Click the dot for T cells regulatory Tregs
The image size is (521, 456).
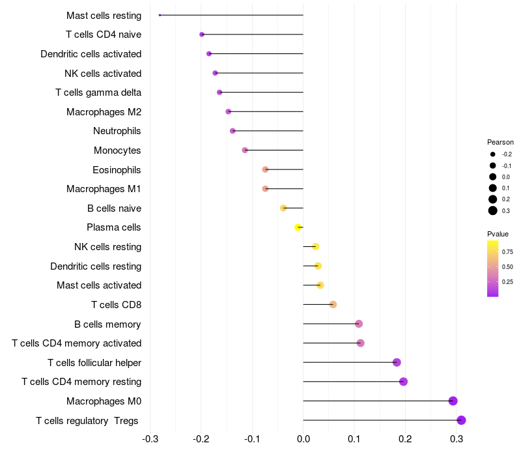pyautogui.click(x=461, y=420)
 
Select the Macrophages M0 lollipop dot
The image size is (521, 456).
pyautogui.click(x=453, y=401)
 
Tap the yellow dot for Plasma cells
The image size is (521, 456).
pyautogui.click(x=298, y=227)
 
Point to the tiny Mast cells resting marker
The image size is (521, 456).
pyautogui.click(x=160, y=15)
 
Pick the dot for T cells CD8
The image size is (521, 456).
pyautogui.click(x=333, y=304)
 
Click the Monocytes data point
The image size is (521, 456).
pyautogui.click(x=245, y=150)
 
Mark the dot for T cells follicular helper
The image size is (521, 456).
pyautogui.click(x=397, y=362)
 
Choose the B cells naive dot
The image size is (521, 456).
pyautogui.click(x=283, y=208)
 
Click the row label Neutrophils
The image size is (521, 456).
pyautogui.click(x=117, y=131)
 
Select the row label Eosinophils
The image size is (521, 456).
pyautogui.click(x=117, y=170)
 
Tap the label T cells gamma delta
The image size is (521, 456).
pyautogui.click(x=98, y=93)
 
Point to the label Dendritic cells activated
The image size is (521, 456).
pyautogui.click(x=91, y=53)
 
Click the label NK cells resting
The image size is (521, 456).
pyautogui.click(x=108, y=247)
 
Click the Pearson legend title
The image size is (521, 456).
pyautogui.click(x=500, y=142)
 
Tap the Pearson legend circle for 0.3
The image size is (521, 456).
pyautogui.click(x=493, y=210)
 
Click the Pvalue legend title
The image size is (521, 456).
pyautogui.click(x=498, y=234)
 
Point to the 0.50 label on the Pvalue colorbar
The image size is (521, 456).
pyautogui.click(x=507, y=266)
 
